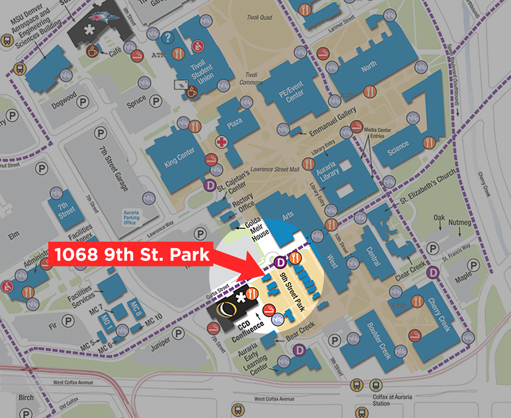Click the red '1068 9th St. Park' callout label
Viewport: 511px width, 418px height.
(x=132, y=254)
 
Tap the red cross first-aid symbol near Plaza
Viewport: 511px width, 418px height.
(x=221, y=142)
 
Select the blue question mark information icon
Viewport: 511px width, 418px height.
(x=169, y=38)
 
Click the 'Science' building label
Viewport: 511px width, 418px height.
(x=399, y=147)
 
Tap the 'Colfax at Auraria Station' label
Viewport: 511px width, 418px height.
(x=387, y=400)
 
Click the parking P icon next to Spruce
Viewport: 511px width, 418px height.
(x=158, y=101)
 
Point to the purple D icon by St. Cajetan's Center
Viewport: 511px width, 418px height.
(x=210, y=185)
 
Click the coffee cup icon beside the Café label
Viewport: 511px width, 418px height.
(x=92, y=52)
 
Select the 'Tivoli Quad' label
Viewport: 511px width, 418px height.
(x=259, y=17)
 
